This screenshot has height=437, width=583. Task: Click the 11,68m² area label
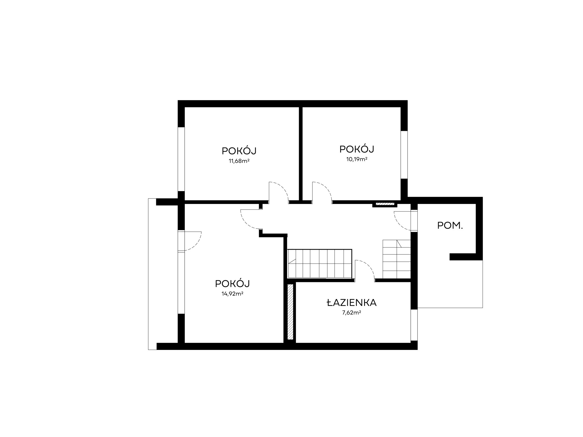click(x=239, y=161)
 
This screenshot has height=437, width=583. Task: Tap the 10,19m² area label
click(x=357, y=159)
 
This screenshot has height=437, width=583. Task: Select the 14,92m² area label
click(x=232, y=294)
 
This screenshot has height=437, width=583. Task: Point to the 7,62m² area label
click(x=352, y=313)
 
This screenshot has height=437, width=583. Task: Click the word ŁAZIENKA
click(x=352, y=303)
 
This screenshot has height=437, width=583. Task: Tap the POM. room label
click(x=450, y=225)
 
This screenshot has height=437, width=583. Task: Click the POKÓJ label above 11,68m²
click(x=239, y=151)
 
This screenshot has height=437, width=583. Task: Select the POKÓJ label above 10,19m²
click(x=357, y=149)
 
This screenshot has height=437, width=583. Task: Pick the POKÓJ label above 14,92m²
click(x=232, y=283)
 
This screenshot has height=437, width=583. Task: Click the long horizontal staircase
click(x=320, y=264)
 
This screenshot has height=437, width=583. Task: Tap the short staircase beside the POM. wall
click(x=397, y=259)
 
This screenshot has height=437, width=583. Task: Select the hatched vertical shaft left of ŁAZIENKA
click(x=290, y=311)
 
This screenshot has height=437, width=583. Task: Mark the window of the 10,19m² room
click(x=404, y=155)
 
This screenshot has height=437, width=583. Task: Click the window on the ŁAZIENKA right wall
click(x=414, y=325)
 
